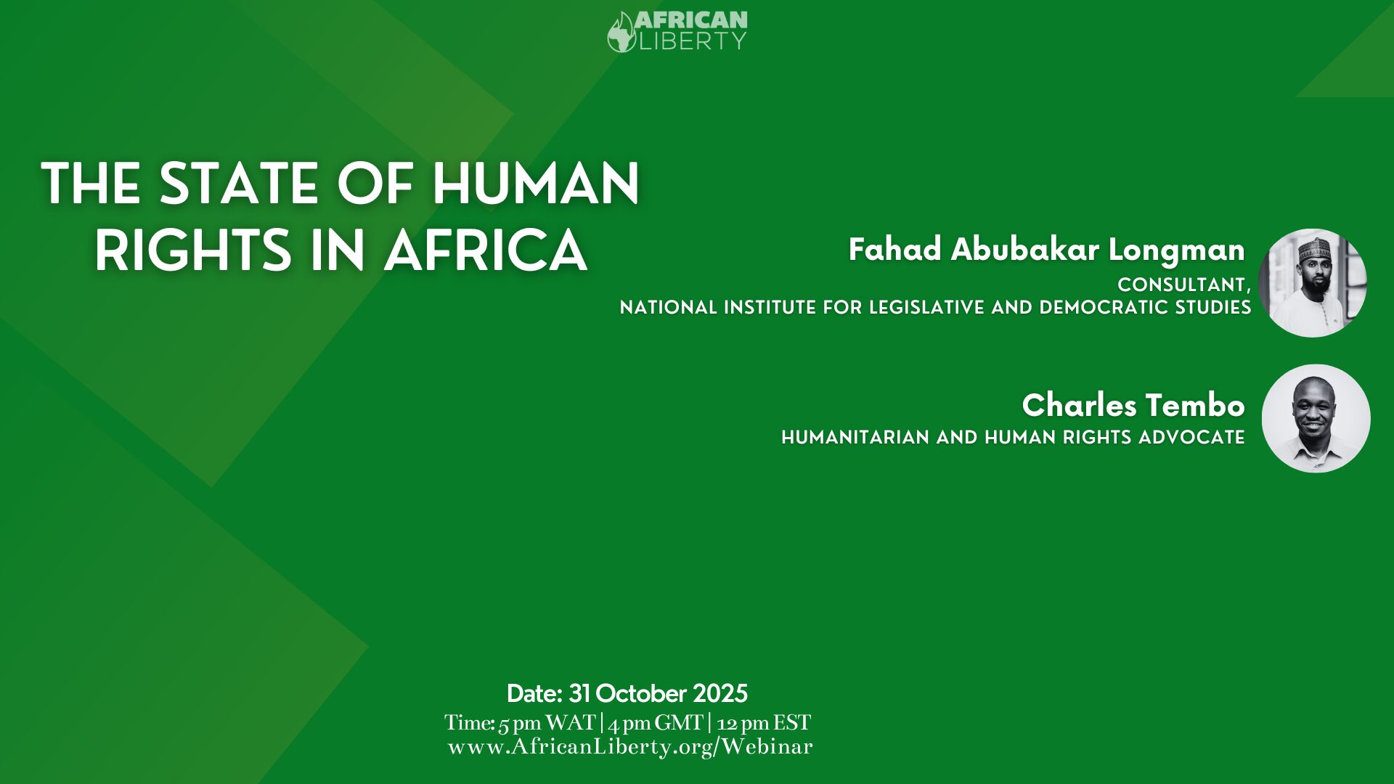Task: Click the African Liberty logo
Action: (x=677, y=31)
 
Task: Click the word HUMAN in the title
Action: (x=536, y=184)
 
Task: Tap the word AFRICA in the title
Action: (x=486, y=251)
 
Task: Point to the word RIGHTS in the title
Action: (x=193, y=251)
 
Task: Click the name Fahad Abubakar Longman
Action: (x=1047, y=250)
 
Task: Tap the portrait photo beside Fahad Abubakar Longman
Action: (x=1313, y=283)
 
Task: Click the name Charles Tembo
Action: (x=1133, y=405)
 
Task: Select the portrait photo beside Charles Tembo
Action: (x=1316, y=419)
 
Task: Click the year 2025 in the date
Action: (x=720, y=694)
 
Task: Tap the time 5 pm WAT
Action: (x=547, y=723)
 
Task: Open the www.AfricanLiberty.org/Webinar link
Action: (x=630, y=747)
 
